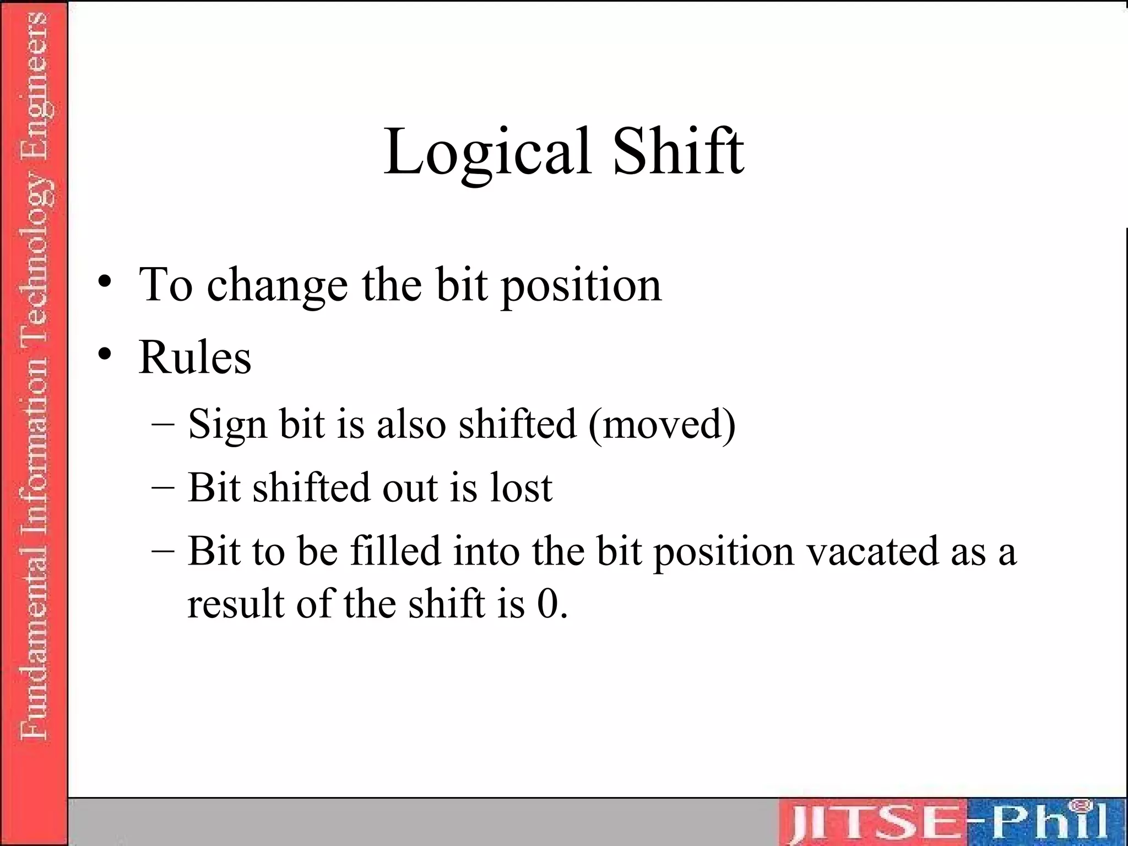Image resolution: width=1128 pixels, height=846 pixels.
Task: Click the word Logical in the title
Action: click(487, 151)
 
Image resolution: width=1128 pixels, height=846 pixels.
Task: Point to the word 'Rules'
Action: click(195, 357)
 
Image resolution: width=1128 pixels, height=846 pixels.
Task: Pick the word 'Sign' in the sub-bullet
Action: click(227, 425)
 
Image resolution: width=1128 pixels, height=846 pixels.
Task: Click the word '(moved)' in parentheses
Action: click(662, 424)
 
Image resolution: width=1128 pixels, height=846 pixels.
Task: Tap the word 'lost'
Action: click(520, 487)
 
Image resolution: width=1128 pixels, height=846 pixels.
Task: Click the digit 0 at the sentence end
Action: click(548, 604)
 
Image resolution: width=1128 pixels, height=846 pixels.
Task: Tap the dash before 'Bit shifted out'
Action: click(163, 487)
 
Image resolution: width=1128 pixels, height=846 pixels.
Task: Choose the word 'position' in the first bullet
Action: click(581, 285)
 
